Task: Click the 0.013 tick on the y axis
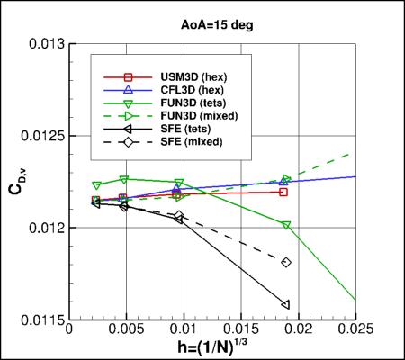point(46,43)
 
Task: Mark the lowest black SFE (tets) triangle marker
point(285,304)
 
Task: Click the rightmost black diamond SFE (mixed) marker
point(286,262)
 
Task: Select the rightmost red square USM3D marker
point(283,192)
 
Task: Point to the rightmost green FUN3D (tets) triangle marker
point(286,225)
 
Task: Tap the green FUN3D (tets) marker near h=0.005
point(124,179)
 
